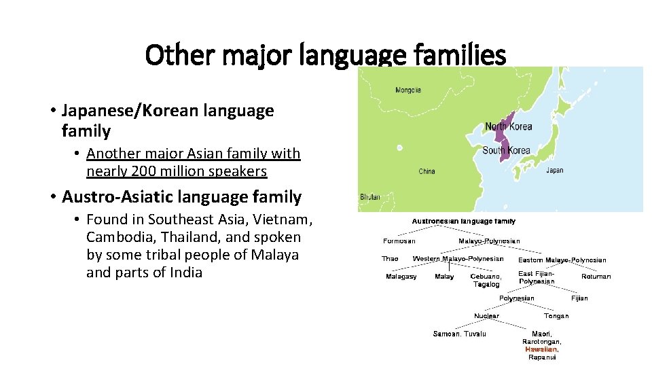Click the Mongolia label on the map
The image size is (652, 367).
[x=408, y=90]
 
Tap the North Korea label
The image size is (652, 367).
[x=509, y=126]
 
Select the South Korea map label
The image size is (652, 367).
[x=506, y=150]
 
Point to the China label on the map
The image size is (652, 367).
[x=427, y=171]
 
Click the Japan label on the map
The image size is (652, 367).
[x=554, y=171]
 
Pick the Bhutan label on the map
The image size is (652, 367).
[x=369, y=197]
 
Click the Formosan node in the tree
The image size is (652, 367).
[x=399, y=241]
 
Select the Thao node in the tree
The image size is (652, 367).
[x=390, y=259]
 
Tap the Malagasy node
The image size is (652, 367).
[x=401, y=277]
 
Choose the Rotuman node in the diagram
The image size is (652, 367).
[x=596, y=277]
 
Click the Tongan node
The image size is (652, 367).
[x=556, y=315]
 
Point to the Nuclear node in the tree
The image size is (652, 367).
[x=486, y=315]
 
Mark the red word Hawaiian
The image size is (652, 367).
[x=541, y=349]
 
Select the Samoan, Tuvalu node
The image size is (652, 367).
[x=460, y=334]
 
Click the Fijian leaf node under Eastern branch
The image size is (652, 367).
[x=579, y=298]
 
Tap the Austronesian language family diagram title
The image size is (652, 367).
[x=463, y=221]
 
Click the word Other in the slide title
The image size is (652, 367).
[x=172, y=55]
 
